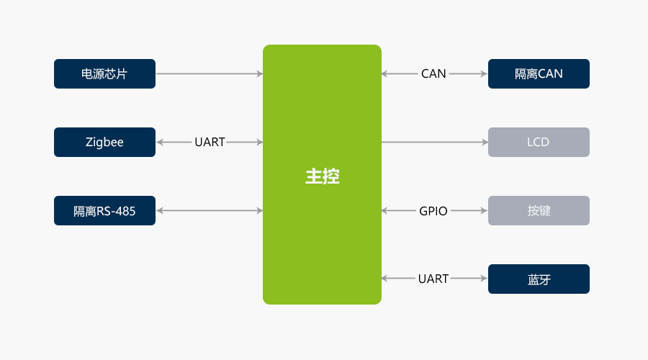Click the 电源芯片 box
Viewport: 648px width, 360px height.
pos(104,73)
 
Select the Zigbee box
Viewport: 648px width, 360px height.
pos(104,142)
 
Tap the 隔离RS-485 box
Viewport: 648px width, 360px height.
pos(104,210)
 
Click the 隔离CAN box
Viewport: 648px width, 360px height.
pos(539,73)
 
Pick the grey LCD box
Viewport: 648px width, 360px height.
pos(539,142)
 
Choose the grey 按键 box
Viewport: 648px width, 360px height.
pos(539,210)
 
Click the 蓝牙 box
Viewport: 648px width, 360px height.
pos(539,279)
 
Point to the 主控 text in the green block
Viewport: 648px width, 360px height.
pos(322,176)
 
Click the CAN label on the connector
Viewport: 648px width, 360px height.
pos(433,73)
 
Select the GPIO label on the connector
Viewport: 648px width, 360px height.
pos(433,211)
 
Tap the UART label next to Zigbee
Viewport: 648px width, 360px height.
pos(210,143)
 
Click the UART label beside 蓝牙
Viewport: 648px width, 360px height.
pos(433,279)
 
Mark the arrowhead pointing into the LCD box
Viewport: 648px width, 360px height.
pos(485,142)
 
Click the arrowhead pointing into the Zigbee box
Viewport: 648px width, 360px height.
pos(160,142)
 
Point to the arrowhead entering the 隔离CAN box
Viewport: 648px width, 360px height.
pos(485,73)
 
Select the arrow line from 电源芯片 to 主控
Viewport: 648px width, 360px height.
pos(209,73)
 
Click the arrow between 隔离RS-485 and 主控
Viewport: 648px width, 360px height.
pos(209,210)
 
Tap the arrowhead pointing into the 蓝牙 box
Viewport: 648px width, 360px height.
pos(485,279)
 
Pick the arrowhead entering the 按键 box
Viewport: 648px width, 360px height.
pos(485,210)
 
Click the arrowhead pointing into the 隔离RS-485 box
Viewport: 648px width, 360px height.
pos(160,210)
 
